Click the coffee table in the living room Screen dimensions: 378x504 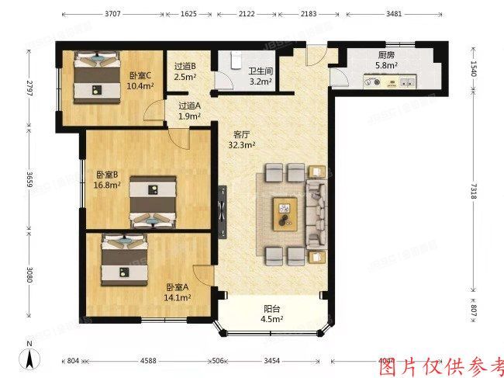[x=285, y=210]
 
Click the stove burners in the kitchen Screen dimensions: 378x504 [x=379, y=78]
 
